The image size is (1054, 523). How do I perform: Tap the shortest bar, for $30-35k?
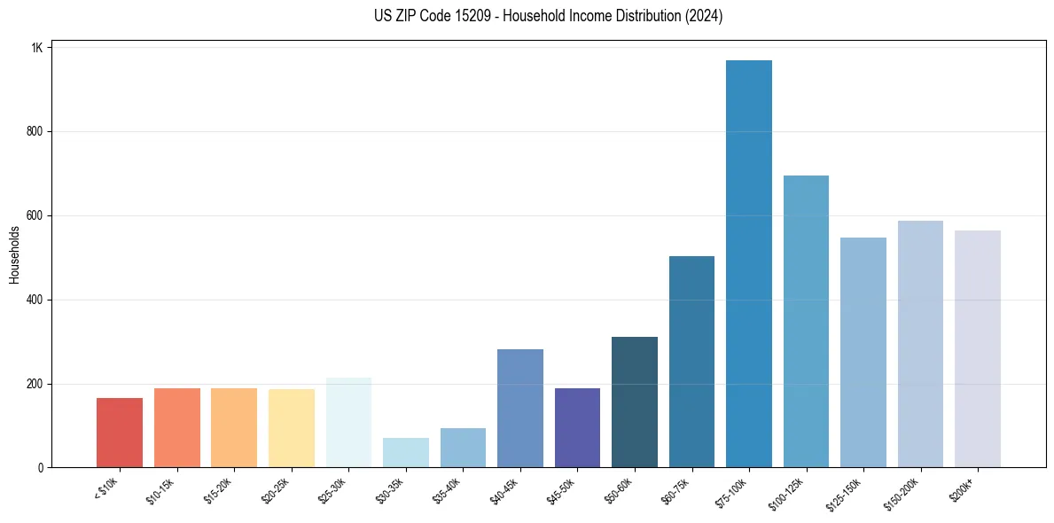[x=406, y=453]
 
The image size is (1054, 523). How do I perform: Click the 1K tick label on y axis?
[x=36, y=48]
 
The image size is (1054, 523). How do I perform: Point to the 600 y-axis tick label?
[x=35, y=215]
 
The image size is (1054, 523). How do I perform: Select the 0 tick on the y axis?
[x=40, y=468]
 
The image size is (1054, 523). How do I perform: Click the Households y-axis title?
[x=14, y=254]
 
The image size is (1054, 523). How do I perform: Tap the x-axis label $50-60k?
[x=618, y=489]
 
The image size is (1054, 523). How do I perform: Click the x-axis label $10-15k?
[x=160, y=489]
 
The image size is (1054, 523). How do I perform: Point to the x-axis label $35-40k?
[x=446, y=489]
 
